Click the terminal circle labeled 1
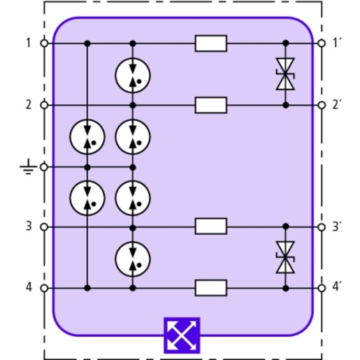point(44,43)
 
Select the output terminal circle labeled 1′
point(322,43)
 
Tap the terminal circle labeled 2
point(44,105)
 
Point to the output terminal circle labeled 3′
point(322,227)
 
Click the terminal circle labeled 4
point(44,288)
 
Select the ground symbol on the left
point(28,166)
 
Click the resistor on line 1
point(211,43)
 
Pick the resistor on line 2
point(211,105)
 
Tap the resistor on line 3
point(211,226)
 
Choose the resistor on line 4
point(211,288)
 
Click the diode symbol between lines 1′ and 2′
point(285,74)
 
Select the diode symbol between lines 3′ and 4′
point(285,257)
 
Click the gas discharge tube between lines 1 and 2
point(133,75)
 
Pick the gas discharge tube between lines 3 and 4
point(133,259)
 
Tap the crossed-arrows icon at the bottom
point(182,336)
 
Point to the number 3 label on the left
point(29,226)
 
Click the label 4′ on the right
point(337,287)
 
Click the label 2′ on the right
point(337,104)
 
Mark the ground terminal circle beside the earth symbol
point(44,167)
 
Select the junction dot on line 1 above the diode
point(286,43)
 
